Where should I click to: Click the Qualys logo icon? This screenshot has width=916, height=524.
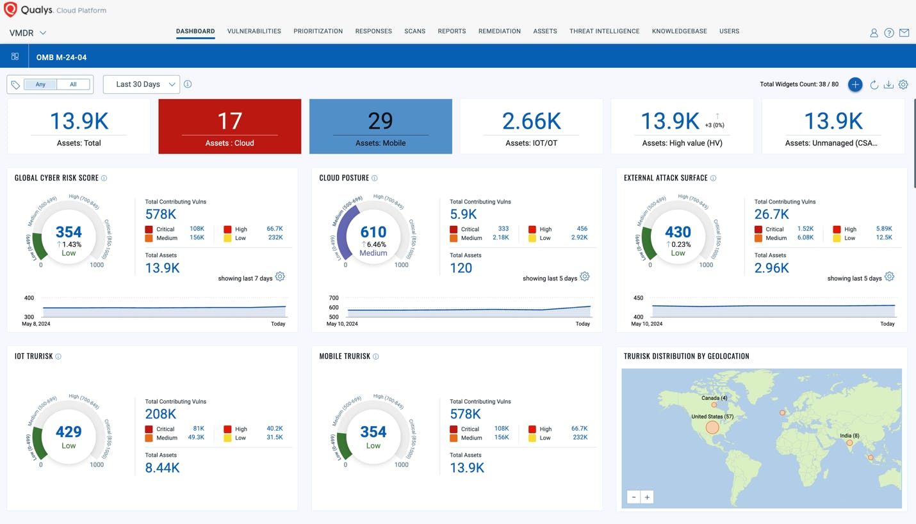click(10, 10)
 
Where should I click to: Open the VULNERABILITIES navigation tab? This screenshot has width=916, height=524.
click(254, 31)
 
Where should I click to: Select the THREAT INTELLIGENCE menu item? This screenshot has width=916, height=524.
click(604, 31)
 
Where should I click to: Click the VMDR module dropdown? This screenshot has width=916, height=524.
click(28, 33)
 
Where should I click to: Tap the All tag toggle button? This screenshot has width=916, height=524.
click(73, 84)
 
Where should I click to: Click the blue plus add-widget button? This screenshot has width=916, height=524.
click(855, 84)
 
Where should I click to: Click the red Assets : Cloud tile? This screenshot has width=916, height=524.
click(229, 127)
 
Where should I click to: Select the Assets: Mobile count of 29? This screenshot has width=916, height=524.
click(380, 121)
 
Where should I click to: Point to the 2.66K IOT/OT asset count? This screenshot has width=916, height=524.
click(531, 121)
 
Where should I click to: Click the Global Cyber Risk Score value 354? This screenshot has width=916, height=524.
click(69, 232)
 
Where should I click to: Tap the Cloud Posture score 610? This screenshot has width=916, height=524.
click(373, 232)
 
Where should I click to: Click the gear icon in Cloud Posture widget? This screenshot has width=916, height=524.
click(585, 277)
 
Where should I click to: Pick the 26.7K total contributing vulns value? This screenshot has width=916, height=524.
click(771, 214)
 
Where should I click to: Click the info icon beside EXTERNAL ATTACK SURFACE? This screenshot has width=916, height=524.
click(713, 179)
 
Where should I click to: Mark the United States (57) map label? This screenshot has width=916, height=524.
click(712, 417)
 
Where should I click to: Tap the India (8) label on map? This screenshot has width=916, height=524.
click(849, 436)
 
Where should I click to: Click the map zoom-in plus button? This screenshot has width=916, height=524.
click(647, 497)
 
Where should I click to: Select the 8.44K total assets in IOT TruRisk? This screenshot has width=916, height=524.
click(162, 468)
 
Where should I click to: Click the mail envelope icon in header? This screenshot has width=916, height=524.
click(904, 33)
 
